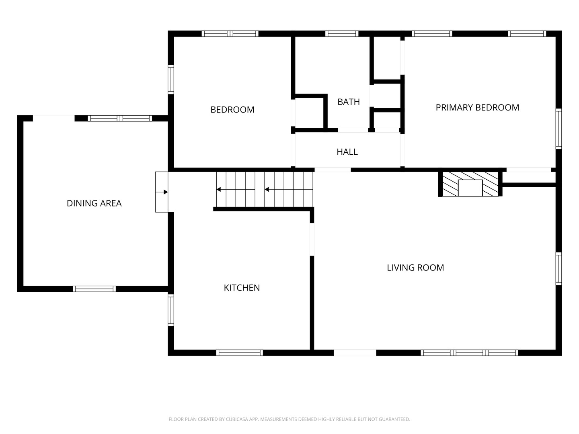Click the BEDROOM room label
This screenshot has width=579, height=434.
232,110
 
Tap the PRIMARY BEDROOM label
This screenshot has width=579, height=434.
477,108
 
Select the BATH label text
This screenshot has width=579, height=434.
349,102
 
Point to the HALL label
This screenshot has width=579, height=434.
347,152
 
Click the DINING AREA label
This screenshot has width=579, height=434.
94,203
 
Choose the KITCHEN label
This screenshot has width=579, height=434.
242,288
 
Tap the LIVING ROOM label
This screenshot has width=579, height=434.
415,268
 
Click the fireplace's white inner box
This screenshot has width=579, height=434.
470,188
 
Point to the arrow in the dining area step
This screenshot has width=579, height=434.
161,192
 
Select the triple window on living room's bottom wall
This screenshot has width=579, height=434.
469,352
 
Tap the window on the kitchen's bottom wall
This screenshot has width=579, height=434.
240,352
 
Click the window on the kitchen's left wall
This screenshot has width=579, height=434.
171,310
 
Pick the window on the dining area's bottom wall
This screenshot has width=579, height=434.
94,289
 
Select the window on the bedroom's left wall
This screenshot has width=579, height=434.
171,79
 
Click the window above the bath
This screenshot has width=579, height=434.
342,34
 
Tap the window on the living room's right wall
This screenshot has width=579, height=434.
558,269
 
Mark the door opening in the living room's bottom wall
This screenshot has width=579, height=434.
355,352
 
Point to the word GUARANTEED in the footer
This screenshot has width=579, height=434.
394,419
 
